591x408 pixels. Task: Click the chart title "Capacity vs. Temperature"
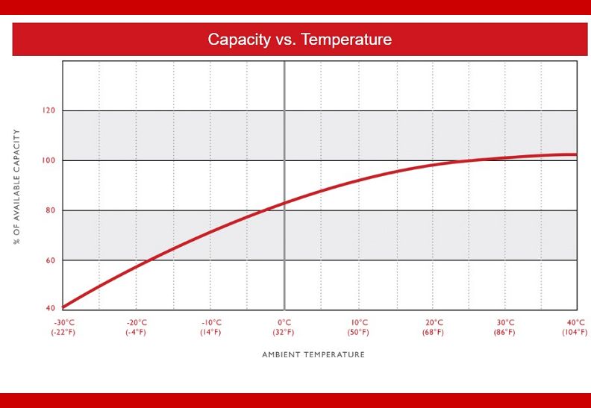point(300,40)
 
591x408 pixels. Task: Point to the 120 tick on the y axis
point(49,110)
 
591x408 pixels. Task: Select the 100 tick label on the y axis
point(49,160)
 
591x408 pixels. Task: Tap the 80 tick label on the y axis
point(51,210)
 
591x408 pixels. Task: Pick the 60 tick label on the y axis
point(51,260)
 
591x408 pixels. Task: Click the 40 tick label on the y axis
point(51,308)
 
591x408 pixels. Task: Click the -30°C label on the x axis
point(64,323)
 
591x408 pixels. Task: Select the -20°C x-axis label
point(137,323)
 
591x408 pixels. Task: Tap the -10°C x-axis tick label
point(211,323)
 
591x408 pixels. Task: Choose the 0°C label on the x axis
point(284,323)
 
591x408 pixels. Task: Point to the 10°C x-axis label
point(359,323)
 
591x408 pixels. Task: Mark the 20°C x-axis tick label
point(434,323)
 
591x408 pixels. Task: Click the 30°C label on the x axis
point(505,323)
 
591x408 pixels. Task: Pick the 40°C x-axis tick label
point(576,323)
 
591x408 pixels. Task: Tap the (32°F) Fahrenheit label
point(284,333)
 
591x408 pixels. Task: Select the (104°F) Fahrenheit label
point(575,333)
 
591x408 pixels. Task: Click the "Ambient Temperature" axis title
point(313,355)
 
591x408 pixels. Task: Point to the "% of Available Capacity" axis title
point(16,187)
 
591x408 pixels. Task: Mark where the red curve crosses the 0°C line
point(284,203)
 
